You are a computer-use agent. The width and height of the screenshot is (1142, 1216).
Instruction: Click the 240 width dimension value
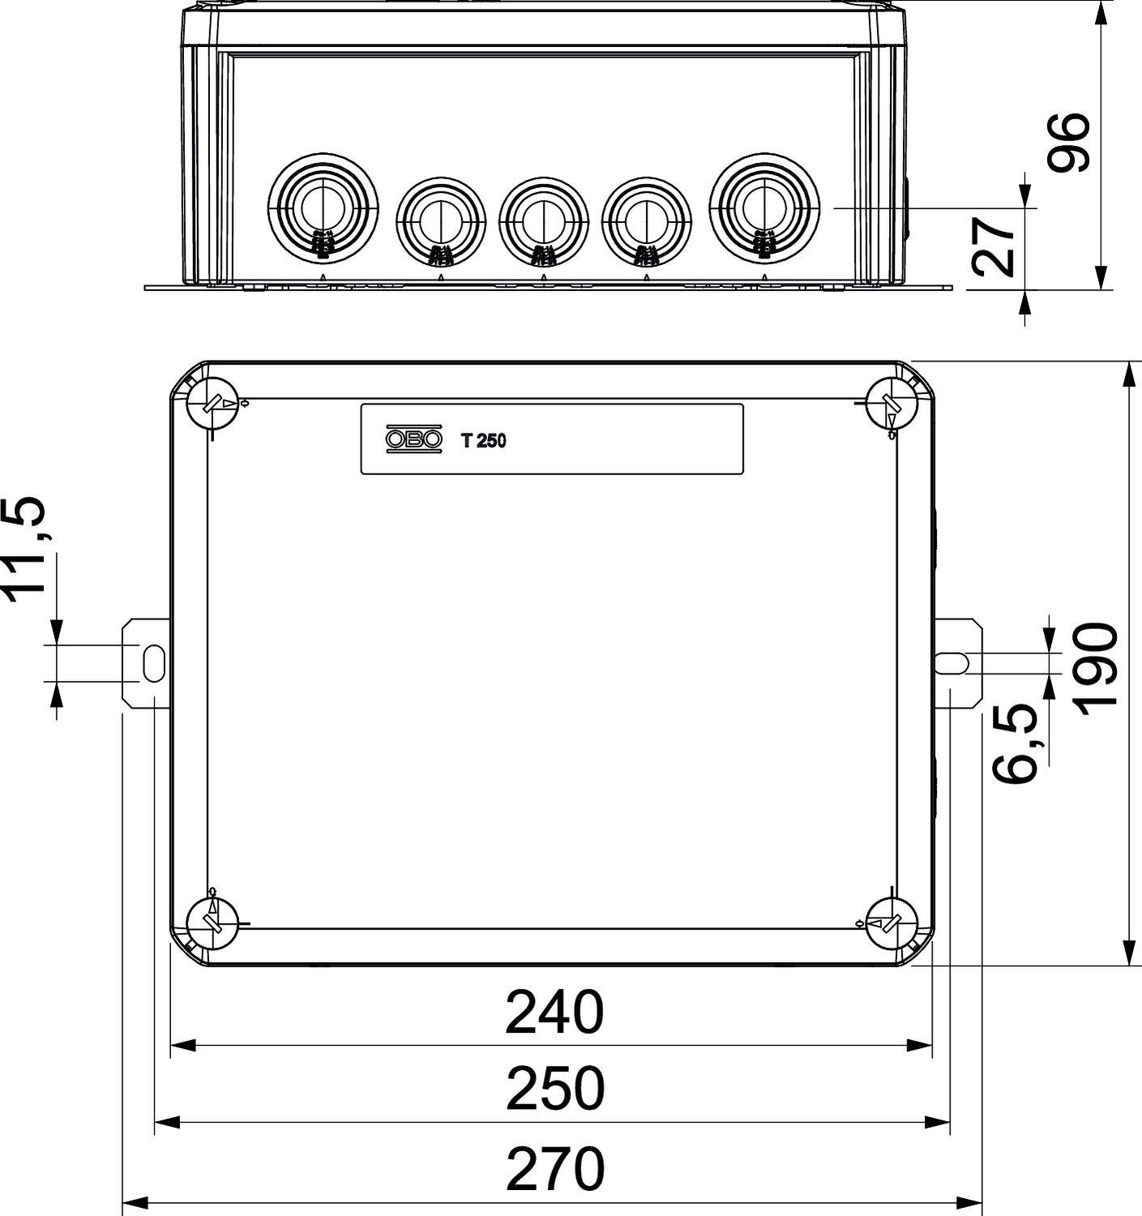pyautogui.click(x=555, y=1013)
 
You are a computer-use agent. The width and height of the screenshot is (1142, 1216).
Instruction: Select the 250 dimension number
pyautogui.click(x=555, y=1090)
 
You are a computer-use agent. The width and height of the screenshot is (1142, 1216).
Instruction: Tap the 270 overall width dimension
pyautogui.click(x=555, y=1168)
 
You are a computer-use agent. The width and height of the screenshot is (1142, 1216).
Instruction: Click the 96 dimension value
pyautogui.click(x=1067, y=143)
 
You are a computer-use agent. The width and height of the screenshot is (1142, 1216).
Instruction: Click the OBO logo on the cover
pyautogui.click(x=414, y=439)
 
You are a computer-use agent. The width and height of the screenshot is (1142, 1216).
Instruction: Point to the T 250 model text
pyautogui.click(x=483, y=441)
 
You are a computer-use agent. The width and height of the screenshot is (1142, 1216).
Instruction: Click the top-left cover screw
pyautogui.click(x=213, y=403)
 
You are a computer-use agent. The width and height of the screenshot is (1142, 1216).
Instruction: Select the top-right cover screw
pyautogui.click(x=891, y=403)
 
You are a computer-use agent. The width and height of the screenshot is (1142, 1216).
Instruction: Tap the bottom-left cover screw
pyautogui.click(x=213, y=923)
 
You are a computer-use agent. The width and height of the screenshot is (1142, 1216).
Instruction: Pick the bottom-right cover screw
pyautogui.click(x=891, y=923)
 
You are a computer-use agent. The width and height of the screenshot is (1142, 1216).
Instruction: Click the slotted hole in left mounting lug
pyautogui.click(x=151, y=662)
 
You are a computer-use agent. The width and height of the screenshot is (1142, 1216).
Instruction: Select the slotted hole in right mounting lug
pyautogui.click(x=952, y=662)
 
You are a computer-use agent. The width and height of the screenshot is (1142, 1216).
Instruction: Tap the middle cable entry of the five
pyautogui.click(x=543, y=218)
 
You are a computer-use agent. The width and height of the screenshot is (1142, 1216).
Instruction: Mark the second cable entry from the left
pyautogui.click(x=440, y=218)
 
